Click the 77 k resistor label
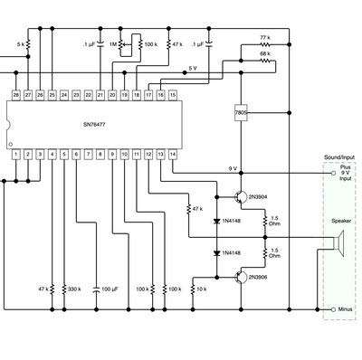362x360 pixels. coord(264,38)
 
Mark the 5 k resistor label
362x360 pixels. coord(20,43)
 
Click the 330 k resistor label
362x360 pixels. coord(75,289)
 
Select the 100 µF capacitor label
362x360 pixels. coord(109,289)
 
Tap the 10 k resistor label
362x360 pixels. coord(201,289)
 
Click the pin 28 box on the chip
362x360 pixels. coord(16,94)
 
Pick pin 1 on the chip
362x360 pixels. coord(16,155)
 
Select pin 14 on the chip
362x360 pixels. coord(173,155)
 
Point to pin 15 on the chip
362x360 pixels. coord(173,94)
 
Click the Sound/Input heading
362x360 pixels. coord(340,158)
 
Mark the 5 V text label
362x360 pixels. coord(193,69)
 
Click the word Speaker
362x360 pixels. coord(342,221)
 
